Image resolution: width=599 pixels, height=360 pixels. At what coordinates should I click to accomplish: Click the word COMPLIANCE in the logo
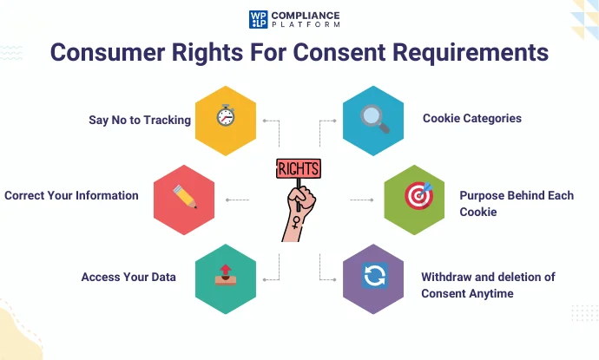[x=306, y=15]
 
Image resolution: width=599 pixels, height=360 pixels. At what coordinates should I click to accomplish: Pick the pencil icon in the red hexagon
[x=184, y=196]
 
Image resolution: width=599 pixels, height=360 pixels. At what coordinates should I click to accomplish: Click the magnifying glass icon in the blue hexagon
[x=374, y=119]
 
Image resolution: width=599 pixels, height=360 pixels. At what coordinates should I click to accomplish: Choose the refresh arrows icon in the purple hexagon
[x=374, y=277]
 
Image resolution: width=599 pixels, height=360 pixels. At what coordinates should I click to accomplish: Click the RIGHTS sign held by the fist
[x=298, y=168]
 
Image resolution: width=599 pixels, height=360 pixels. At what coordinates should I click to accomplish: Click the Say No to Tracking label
[x=140, y=120]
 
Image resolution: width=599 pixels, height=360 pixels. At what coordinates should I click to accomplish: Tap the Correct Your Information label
[x=71, y=195]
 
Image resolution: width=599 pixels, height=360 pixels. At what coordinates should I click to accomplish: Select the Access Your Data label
[x=128, y=277]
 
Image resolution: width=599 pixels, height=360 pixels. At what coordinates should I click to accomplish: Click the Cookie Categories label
[x=472, y=118]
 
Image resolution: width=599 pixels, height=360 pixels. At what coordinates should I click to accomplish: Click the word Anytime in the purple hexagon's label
[x=490, y=293]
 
